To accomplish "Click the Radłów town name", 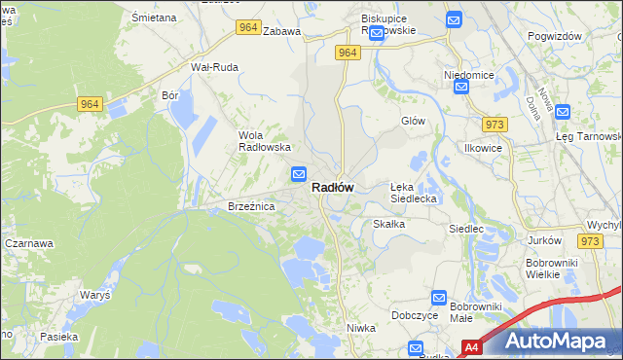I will point(333,188).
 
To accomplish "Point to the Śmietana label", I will point(154,18).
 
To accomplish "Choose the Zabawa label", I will point(282,31).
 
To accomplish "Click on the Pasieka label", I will point(58,336).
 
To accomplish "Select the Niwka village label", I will point(361,328).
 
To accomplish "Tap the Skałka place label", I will point(388,223).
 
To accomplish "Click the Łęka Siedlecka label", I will point(416,192).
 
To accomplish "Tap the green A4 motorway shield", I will point(471,346).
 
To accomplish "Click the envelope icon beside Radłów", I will point(299,175).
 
